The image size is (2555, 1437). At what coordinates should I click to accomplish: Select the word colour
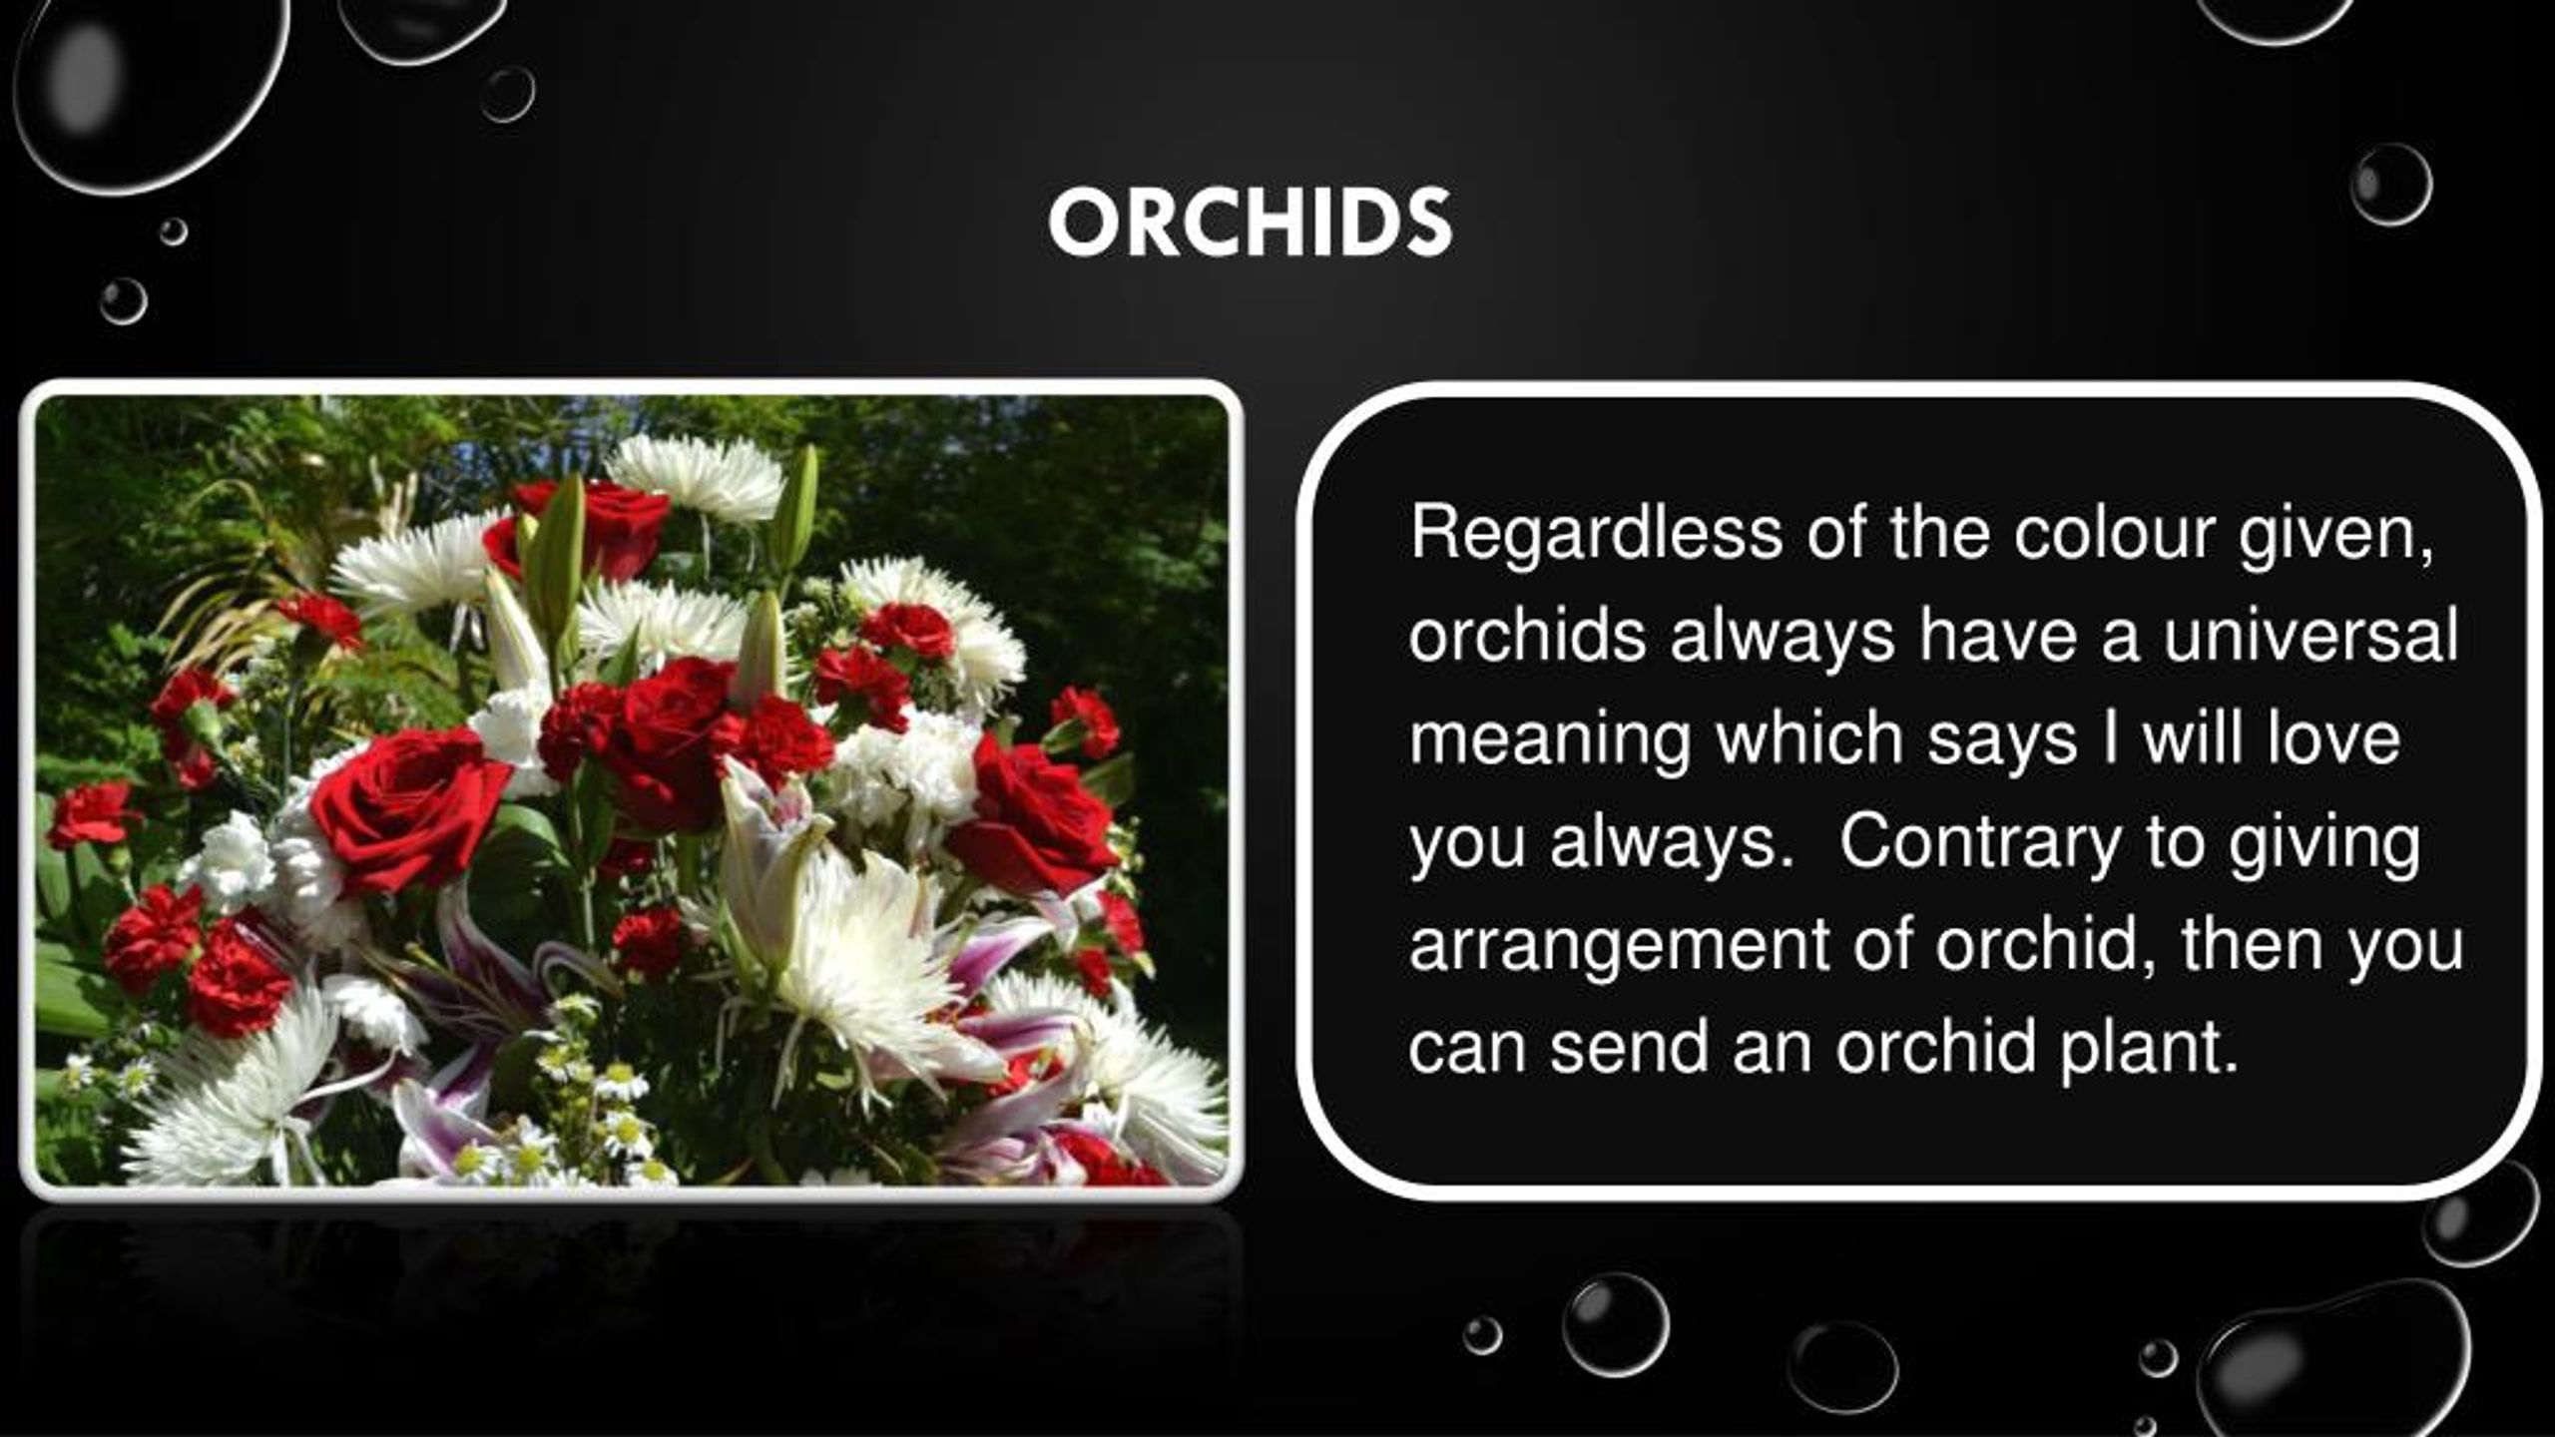point(2114,534)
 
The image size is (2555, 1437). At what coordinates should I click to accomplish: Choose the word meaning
point(1549,739)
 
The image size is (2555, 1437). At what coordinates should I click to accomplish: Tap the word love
point(2332,739)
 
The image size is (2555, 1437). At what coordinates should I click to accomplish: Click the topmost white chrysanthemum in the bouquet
point(697,477)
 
